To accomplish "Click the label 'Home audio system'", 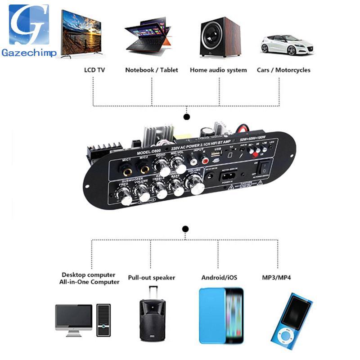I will (218, 70).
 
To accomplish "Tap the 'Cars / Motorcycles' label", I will (283, 70).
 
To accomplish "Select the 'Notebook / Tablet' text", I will (152, 70).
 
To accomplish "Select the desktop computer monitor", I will (74, 317).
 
